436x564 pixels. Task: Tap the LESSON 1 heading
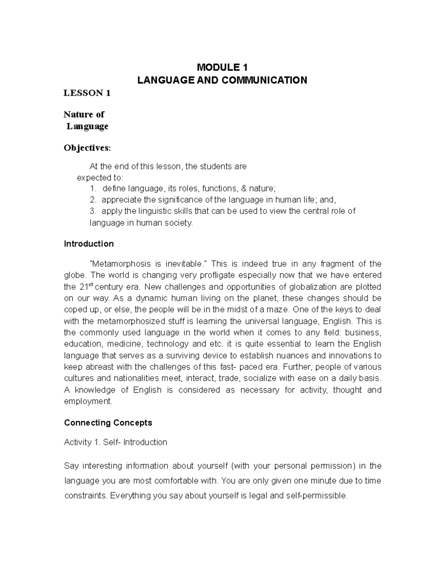[87, 93]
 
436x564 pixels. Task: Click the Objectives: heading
[86, 148]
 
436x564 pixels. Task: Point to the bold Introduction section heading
[89, 244]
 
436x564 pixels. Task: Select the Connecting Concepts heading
[108, 423]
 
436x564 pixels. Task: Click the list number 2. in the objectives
[93, 200]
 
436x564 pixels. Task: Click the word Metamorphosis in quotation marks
[120, 264]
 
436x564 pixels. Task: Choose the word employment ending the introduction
[88, 401]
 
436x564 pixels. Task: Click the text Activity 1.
[82, 442]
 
